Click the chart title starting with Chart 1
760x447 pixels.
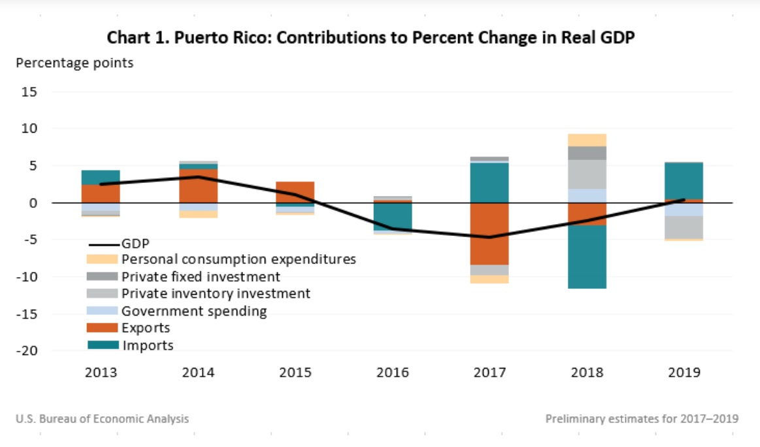[371, 39]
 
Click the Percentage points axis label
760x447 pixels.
[74, 63]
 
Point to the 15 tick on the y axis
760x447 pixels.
[29, 92]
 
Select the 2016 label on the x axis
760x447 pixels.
[393, 373]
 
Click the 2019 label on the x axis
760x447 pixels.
[684, 373]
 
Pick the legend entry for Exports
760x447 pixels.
[146, 328]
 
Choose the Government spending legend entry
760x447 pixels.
[194, 311]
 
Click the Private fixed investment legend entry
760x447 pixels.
[201, 276]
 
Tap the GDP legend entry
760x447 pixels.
[135, 243]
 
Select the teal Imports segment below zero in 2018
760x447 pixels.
[587, 257]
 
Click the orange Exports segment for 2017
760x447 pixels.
[490, 233]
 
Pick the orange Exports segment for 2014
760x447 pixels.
[198, 186]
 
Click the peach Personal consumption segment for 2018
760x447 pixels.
[587, 140]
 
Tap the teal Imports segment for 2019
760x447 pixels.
[684, 181]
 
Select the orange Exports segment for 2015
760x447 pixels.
[295, 192]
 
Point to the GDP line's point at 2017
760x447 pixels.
[490, 237]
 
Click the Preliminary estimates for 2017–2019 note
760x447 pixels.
[642, 419]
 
